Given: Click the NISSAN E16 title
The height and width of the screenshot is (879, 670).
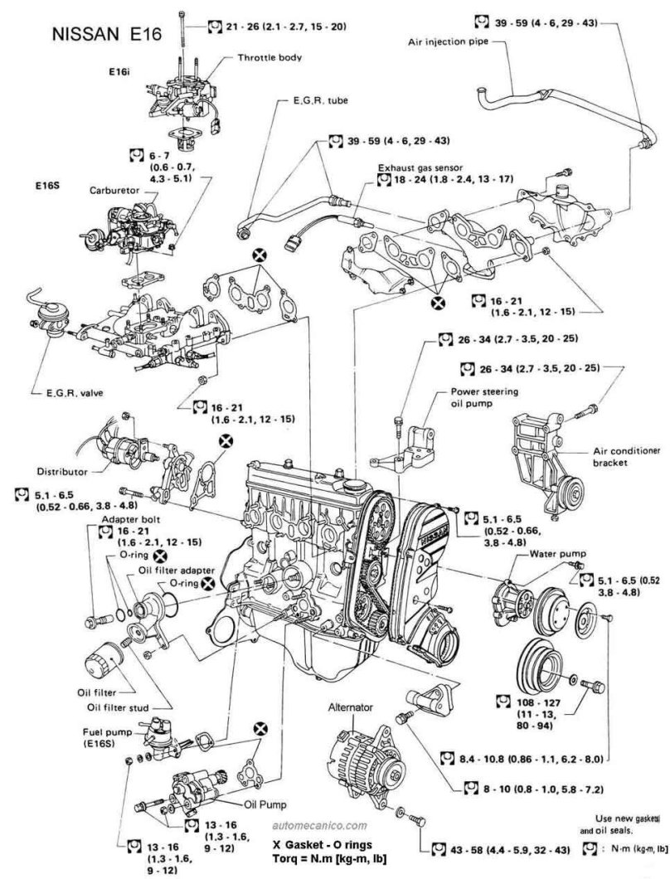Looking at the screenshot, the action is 106,34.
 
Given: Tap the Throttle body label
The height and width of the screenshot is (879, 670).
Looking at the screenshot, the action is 269,57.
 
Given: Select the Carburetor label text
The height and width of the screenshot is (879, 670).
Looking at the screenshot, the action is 114,190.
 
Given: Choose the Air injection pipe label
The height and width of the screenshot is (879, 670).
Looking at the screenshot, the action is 448,41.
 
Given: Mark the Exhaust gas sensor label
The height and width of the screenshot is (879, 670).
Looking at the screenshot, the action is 420,167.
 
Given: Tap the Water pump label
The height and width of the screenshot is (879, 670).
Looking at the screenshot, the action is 558,554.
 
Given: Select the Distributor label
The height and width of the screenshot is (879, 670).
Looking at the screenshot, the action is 62,472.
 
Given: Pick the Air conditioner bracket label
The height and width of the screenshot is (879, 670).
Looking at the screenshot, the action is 626,456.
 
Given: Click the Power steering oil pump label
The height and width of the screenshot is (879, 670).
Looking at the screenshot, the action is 477,397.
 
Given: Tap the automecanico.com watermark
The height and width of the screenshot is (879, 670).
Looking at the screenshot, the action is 319,824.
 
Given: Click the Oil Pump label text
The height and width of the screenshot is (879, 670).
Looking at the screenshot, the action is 265,804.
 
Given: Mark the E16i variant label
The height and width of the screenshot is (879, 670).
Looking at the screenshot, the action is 119,72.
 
